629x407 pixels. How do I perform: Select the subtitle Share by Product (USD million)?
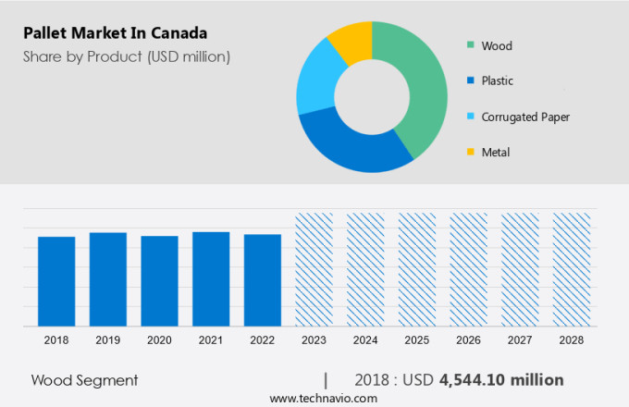127,56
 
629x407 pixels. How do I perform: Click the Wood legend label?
497,45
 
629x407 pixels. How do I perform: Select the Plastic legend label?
499,80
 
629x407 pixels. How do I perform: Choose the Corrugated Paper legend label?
524,117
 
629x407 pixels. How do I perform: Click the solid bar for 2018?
56,281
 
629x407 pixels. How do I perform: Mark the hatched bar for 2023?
314,269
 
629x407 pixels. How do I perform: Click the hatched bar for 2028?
571,269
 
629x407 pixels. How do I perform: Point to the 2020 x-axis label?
159,340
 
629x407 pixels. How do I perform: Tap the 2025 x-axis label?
416,340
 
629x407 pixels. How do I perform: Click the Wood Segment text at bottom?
84,380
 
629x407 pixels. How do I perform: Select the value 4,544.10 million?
501,380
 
